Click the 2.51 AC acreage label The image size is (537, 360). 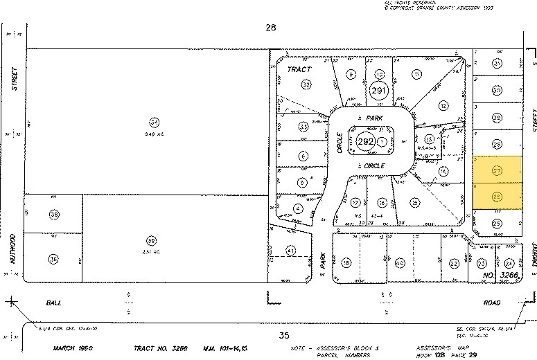coord(150,251)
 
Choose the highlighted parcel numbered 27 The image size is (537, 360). coord(497,170)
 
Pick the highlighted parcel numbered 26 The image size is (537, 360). coord(497,197)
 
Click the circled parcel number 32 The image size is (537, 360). coord(305,84)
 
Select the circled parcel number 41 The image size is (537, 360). coord(291,250)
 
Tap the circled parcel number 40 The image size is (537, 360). coord(400,263)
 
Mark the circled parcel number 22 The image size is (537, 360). coord(454,263)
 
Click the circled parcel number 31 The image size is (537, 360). coord(497,64)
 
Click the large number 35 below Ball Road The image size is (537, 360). coord(282,335)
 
